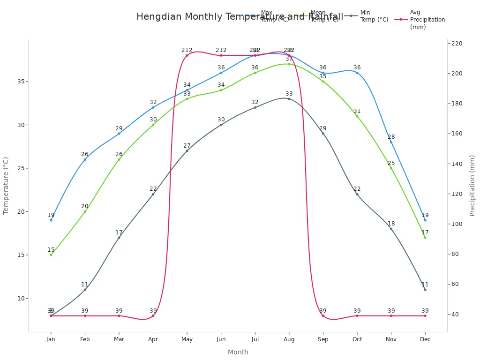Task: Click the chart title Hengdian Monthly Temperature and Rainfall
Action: pyautogui.click(x=240, y=17)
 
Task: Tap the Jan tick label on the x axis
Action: pyautogui.click(x=51, y=339)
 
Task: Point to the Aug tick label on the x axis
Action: pyautogui.click(x=289, y=339)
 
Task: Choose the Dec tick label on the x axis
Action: pyautogui.click(x=425, y=339)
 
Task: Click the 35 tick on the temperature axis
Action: pyautogui.click(x=21, y=82)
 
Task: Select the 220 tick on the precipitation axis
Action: pyautogui.click(x=457, y=44)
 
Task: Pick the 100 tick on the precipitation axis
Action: pyautogui.click(x=457, y=224)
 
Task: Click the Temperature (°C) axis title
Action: pyautogui.click(x=6, y=186)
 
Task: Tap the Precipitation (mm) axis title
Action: pyautogui.click(x=472, y=186)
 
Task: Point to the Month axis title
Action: pyautogui.click(x=238, y=352)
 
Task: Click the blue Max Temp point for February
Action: pyautogui.click(x=85, y=159)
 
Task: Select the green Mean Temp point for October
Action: pyautogui.click(x=357, y=116)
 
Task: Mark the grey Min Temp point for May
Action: pyautogui.click(x=187, y=151)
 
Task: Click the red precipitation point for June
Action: pyautogui.click(x=221, y=55)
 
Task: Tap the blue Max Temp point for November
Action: pyautogui.click(x=391, y=142)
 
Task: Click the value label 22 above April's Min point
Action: pyautogui.click(x=153, y=189)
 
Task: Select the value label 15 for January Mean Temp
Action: pyautogui.click(x=51, y=250)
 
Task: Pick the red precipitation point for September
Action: pyautogui.click(x=323, y=316)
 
